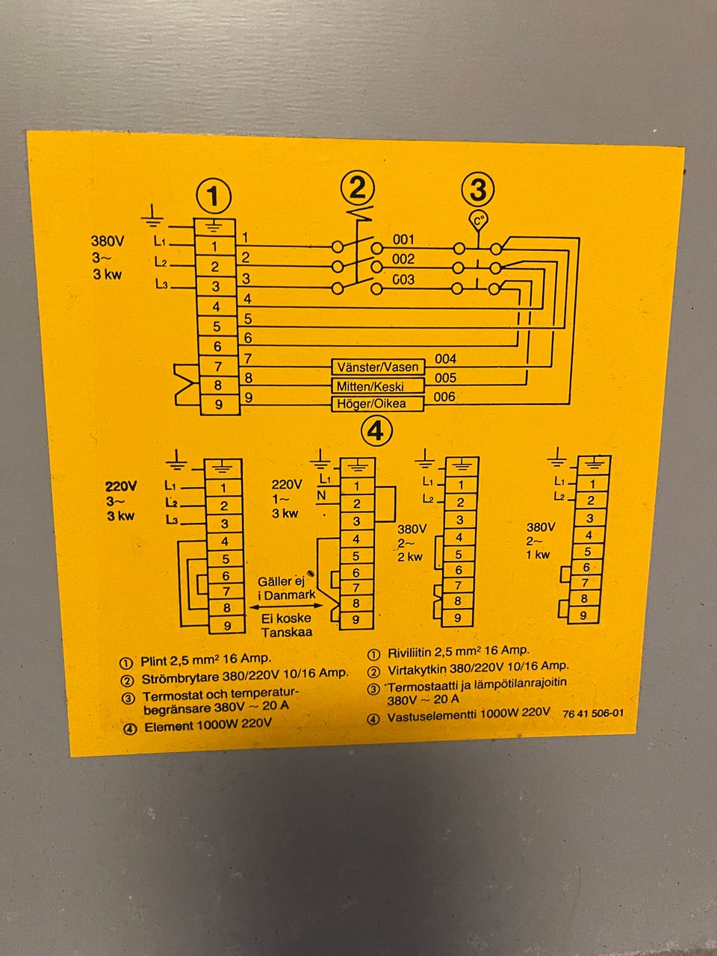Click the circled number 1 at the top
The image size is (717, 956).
214,197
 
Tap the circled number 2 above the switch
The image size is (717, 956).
358,188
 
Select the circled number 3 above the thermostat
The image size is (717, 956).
478,190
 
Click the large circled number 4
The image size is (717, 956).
376,431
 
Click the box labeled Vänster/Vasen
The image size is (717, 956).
378,367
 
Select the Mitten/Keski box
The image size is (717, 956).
378,386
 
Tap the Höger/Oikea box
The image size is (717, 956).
378,404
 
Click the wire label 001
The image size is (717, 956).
403,240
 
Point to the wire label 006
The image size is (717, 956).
444,397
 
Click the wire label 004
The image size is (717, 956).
445,359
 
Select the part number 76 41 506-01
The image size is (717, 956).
593,713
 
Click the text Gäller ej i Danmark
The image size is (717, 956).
286,588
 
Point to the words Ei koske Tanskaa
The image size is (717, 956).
286,625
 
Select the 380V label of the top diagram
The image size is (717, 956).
108,242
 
